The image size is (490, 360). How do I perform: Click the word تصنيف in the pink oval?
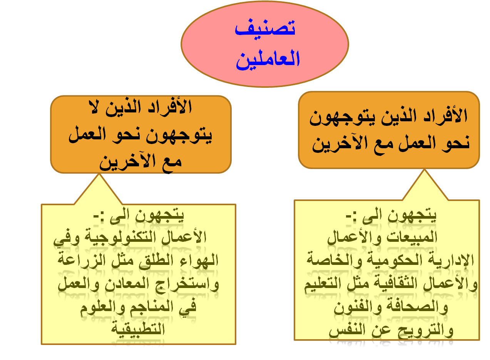pyautogui.click(x=265, y=28)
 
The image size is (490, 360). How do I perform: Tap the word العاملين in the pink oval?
pyautogui.click(x=268, y=60)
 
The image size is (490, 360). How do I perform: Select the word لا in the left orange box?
pyautogui.click(x=95, y=107)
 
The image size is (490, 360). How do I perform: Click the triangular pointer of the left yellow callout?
pyautogui.click(x=99, y=189)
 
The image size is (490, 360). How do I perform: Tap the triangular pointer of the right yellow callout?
pyautogui.click(x=425, y=185)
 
